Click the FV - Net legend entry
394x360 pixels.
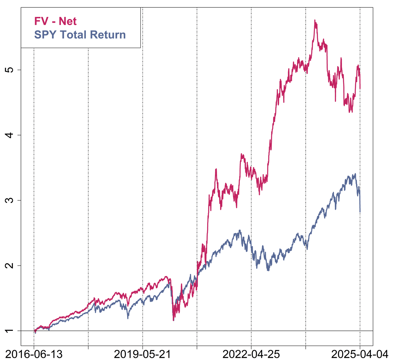55,21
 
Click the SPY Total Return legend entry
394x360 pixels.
80,35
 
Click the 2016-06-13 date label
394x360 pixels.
34,354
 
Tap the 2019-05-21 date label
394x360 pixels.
143,354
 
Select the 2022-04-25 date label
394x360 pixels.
251,354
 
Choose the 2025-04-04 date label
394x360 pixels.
360,354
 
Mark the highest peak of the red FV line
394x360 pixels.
315,20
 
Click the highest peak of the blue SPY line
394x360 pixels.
356,174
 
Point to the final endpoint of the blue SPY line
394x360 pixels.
360,212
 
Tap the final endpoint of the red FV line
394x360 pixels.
360,89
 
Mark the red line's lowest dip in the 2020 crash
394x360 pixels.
173,320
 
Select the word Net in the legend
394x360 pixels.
68,21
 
